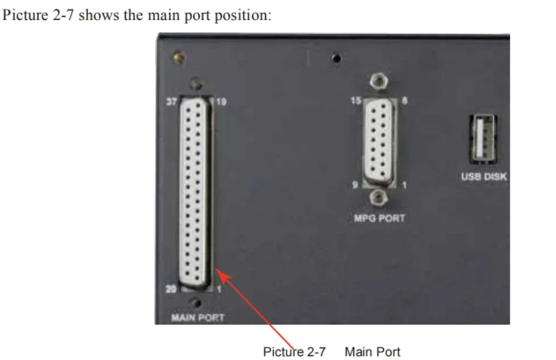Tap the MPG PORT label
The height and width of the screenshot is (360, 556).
click(378, 218)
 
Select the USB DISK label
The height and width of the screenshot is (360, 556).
click(484, 177)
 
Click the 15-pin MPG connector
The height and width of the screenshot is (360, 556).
click(378, 141)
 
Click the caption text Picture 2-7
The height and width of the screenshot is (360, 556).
click(294, 351)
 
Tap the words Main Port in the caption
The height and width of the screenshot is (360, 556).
click(373, 351)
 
